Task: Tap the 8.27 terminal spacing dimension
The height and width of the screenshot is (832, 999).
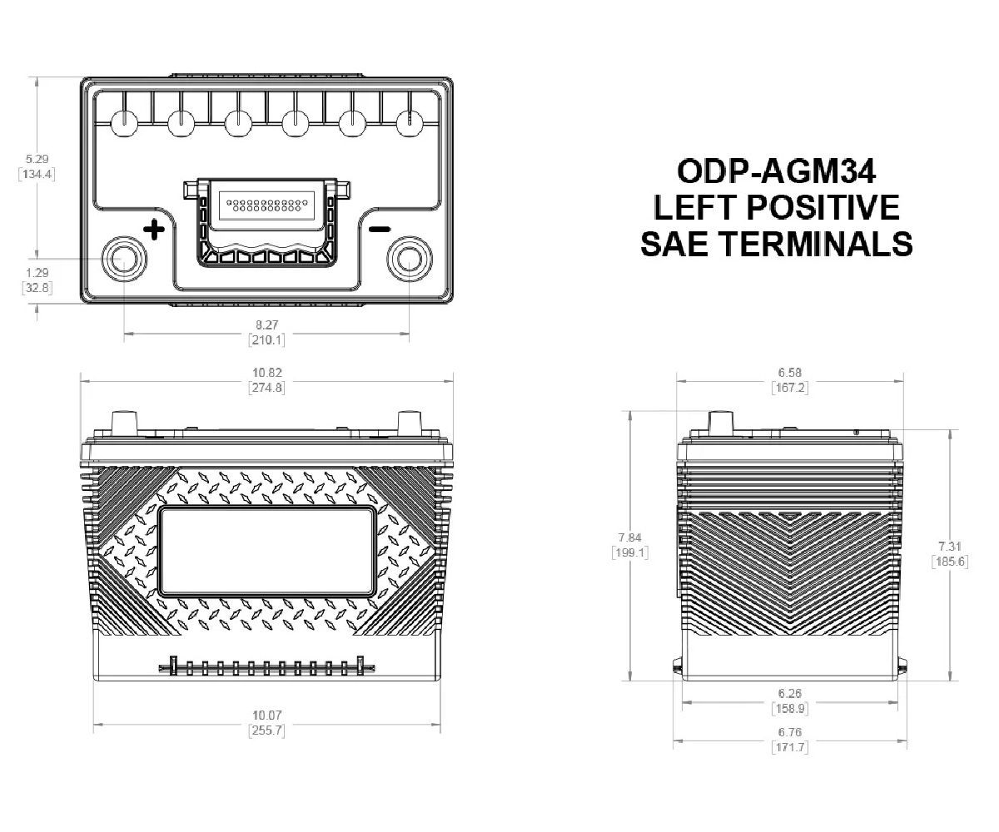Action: [266, 324]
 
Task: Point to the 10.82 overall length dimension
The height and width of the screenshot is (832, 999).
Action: [266, 372]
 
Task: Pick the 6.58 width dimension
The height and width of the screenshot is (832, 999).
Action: [789, 372]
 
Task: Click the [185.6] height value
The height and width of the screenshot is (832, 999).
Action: [950, 562]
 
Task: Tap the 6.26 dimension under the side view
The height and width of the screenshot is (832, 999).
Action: [789, 693]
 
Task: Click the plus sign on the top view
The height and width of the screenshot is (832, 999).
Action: [152, 229]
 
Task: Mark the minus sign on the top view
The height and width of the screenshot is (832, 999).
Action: [380, 229]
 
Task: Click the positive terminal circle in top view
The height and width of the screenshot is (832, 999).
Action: [124, 260]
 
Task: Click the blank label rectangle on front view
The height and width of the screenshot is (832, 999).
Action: [266, 551]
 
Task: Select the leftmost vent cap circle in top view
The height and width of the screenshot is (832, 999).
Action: [124, 123]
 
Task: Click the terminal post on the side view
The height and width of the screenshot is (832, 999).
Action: [721, 423]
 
